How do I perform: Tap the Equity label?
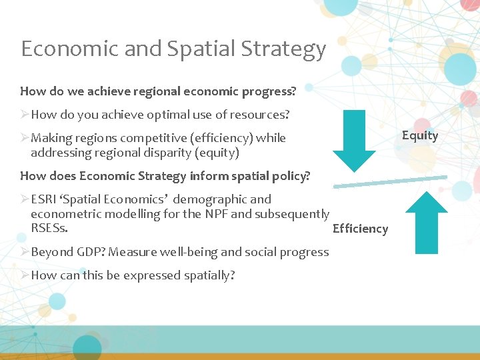pos(419,135)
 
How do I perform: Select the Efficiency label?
pos(360,229)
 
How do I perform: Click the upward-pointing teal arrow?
pos(427,222)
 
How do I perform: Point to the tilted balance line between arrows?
pos(390,181)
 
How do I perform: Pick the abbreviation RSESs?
pos(49,229)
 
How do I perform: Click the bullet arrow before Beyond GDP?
pos(25,252)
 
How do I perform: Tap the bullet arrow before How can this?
pos(25,275)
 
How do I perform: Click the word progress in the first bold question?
pos(273,90)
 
